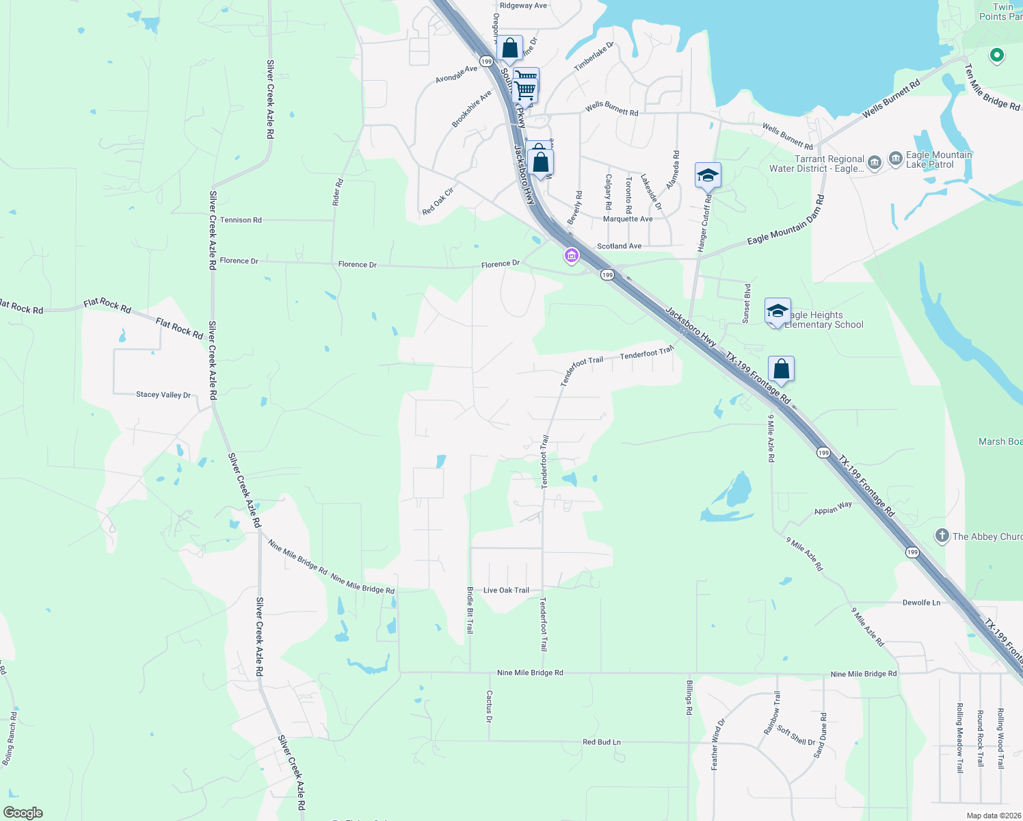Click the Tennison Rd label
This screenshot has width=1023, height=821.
[241, 220]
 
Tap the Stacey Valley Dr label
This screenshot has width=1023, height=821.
[163, 395]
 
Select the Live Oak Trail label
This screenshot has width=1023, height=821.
[506, 590]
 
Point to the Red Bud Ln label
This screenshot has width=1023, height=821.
[602, 742]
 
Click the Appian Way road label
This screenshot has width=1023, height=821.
[833, 508]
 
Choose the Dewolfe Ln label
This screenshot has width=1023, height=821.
[921, 603]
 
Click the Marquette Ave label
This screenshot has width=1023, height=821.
[628, 219]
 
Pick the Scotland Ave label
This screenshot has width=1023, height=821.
[619, 246]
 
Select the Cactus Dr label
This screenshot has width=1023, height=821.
[489, 706]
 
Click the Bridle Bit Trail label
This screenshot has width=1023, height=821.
[470, 610]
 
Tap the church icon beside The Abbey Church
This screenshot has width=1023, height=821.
[942, 536]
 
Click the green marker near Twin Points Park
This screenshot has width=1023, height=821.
[996, 55]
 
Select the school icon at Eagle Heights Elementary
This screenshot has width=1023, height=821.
[778, 311]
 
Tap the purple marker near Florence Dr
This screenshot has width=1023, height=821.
[571, 256]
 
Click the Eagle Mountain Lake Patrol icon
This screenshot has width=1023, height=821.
[895, 159]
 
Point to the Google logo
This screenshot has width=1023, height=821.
[23, 813]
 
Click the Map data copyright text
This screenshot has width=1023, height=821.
[993, 816]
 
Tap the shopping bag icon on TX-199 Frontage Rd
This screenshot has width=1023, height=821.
[781, 369]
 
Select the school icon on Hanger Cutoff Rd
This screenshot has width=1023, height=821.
[708, 176]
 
